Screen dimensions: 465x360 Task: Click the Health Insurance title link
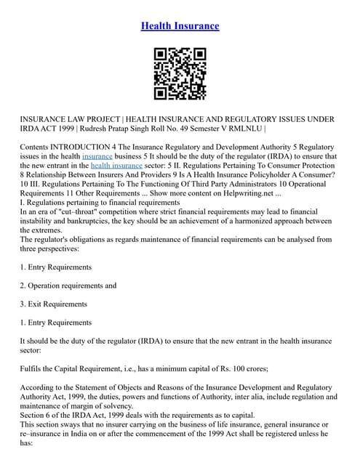pyautogui.click(x=180, y=26)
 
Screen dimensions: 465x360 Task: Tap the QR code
pyautogui.click(x=180, y=73)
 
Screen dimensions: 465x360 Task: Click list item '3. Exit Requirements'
pyautogui.click(x=54, y=304)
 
